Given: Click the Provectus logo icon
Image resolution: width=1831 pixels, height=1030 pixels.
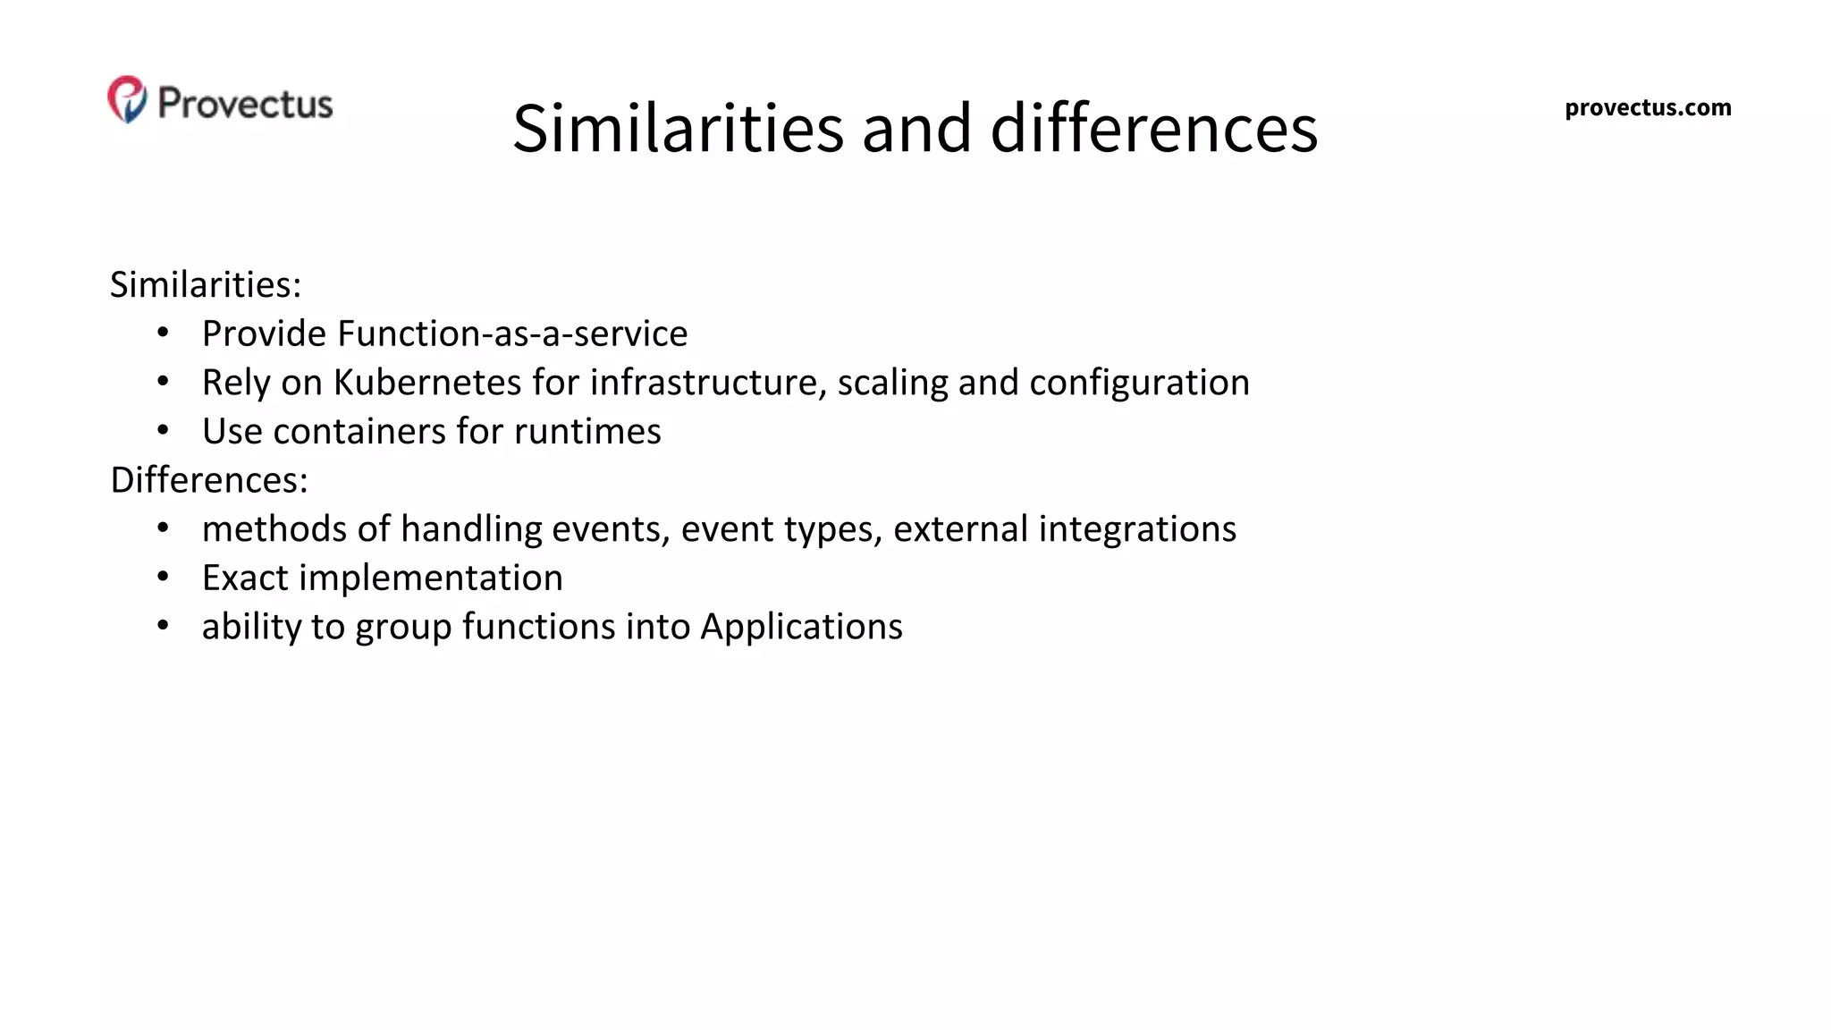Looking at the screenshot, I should (x=127, y=99).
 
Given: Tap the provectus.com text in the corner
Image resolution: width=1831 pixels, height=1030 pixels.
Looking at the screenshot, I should (x=1648, y=108).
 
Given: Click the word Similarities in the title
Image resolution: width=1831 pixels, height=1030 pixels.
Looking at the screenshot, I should (x=678, y=128).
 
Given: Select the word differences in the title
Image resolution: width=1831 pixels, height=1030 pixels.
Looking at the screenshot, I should (x=1153, y=128).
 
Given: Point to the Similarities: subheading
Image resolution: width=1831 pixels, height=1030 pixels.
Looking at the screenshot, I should (x=206, y=285).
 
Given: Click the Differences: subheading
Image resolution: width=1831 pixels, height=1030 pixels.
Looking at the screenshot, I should (x=209, y=480).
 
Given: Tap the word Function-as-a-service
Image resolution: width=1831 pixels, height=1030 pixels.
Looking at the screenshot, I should (x=513, y=333).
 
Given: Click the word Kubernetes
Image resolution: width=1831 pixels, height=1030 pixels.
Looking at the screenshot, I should (x=427, y=383).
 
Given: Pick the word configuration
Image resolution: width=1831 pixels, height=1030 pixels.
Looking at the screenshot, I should (x=1139, y=383).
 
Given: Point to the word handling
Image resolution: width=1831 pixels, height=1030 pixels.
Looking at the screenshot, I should (x=471, y=529).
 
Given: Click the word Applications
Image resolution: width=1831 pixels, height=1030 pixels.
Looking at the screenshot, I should (x=801, y=627).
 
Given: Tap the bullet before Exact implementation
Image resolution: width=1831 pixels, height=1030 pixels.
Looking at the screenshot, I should (x=163, y=578).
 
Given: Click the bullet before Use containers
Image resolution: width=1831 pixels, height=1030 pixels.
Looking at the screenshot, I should (x=163, y=431).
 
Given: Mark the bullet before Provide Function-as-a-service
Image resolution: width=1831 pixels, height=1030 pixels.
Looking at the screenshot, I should (x=163, y=333).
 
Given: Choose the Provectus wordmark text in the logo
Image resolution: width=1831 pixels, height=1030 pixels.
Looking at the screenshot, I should (x=245, y=103).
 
